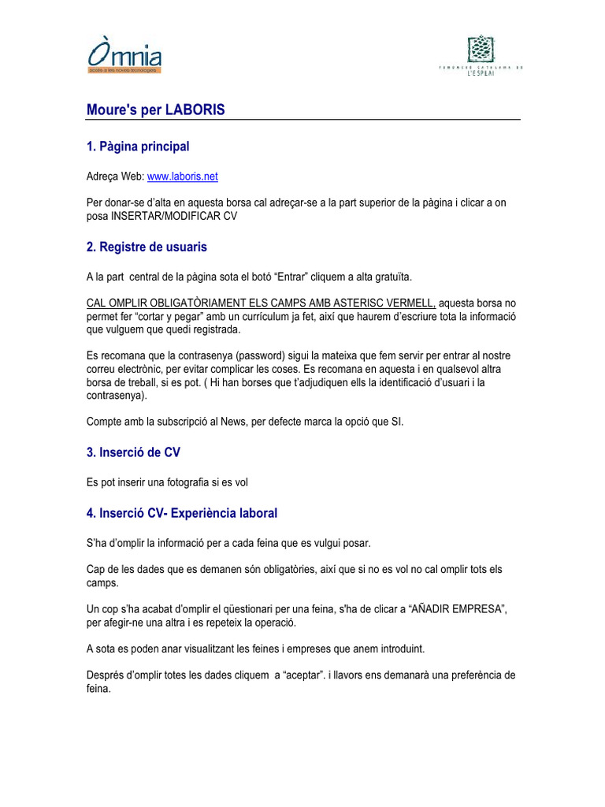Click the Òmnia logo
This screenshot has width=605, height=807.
point(124,57)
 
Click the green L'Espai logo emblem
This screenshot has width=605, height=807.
point(480,49)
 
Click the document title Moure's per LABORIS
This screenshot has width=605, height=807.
point(155,110)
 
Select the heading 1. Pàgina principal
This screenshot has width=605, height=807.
point(138,147)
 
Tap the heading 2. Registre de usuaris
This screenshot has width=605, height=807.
point(147,247)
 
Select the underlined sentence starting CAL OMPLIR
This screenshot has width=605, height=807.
point(262,303)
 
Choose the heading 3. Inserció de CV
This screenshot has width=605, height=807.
point(139,452)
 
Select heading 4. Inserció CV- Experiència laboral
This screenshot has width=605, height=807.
point(182,513)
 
